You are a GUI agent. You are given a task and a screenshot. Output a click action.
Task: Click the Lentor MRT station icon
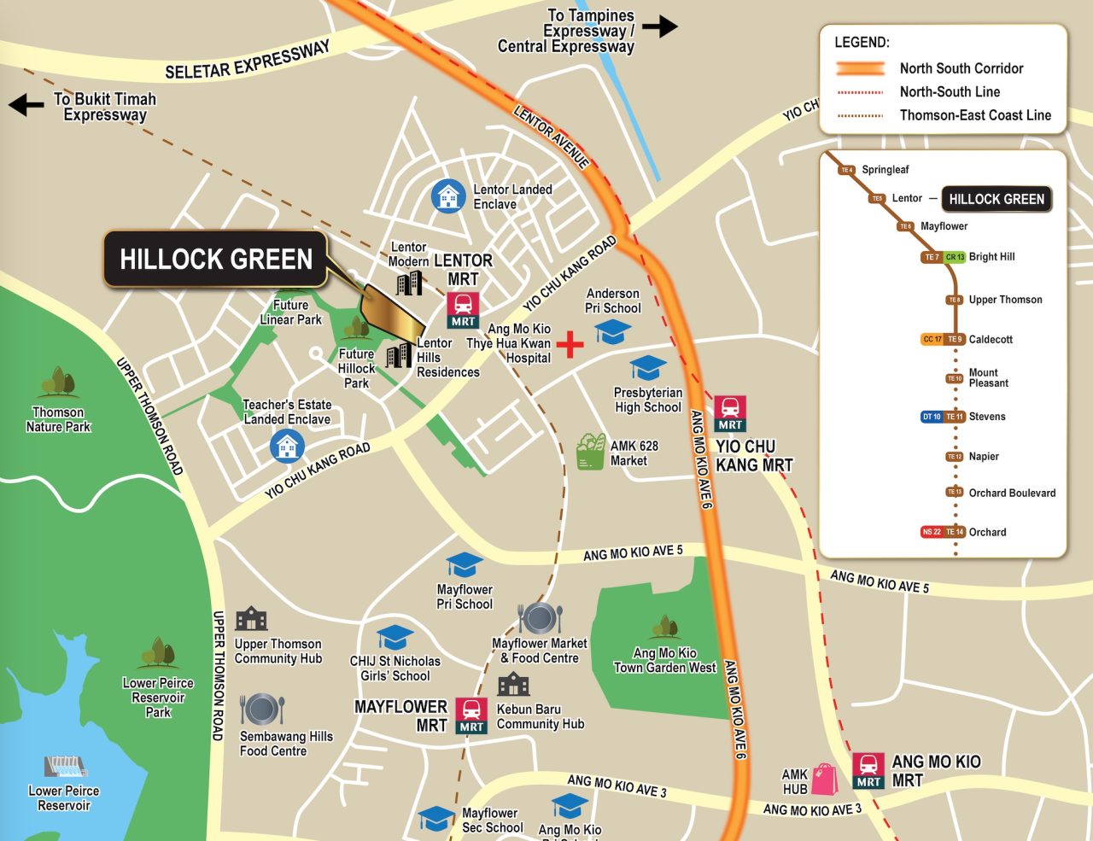point(463,309)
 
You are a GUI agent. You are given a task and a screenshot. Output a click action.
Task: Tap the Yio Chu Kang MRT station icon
point(730,413)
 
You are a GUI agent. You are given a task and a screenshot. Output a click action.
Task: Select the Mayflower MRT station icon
point(471,715)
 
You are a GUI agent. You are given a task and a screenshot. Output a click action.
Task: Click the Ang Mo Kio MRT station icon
point(868,770)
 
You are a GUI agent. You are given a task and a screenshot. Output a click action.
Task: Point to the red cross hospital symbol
point(570,345)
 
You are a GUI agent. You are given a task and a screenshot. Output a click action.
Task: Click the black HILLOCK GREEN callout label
point(216,259)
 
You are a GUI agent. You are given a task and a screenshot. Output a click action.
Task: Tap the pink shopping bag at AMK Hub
point(825,778)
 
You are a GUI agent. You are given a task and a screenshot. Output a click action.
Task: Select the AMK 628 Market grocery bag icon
point(591,452)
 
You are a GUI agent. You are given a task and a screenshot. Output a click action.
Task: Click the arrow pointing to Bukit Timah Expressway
point(26,105)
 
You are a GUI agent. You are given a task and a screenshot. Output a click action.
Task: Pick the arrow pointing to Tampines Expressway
point(659,26)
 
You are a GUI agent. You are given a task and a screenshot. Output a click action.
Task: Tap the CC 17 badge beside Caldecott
point(932,339)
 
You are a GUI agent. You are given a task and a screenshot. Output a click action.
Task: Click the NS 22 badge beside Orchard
point(931,532)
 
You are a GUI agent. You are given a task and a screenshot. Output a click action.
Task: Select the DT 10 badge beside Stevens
point(931,417)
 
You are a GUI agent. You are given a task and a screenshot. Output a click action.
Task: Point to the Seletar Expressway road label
point(247,61)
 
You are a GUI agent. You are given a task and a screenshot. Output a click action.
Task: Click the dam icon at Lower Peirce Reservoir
point(65,767)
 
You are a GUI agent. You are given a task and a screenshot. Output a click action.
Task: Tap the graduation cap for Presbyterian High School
point(647,368)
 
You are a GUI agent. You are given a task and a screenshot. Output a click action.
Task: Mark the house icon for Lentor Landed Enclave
point(447,196)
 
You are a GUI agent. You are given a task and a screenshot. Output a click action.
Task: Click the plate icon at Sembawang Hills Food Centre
point(262,710)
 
